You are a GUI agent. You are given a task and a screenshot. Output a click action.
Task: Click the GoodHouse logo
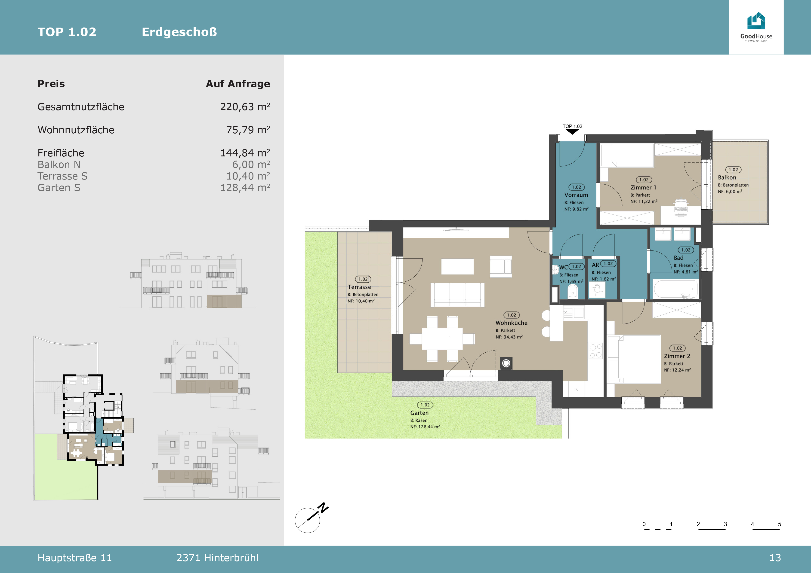(x=756, y=27)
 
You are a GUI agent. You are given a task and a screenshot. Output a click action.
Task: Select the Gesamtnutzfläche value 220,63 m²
(x=245, y=107)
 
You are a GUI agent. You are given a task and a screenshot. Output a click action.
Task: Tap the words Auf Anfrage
(x=238, y=84)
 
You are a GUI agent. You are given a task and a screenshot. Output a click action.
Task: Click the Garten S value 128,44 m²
(x=245, y=188)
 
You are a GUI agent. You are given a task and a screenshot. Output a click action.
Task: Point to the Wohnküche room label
(x=511, y=323)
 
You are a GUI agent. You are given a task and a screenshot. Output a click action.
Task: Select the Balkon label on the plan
(x=727, y=177)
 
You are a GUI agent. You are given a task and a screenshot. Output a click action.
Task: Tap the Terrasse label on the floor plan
(x=359, y=287)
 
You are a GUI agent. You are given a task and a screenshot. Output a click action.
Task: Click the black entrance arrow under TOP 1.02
(x=572, y=132)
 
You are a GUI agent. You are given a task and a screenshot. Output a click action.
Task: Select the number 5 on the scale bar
(x=780, y=524)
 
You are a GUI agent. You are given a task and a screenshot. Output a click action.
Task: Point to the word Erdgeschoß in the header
(x=179, y=32)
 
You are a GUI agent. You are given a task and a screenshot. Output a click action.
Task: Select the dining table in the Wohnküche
(x=442, y=339)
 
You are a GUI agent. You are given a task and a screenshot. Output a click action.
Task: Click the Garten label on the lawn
(x=419, y=413)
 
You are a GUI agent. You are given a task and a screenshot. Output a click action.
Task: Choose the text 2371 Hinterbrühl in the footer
(x=217, y=558)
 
